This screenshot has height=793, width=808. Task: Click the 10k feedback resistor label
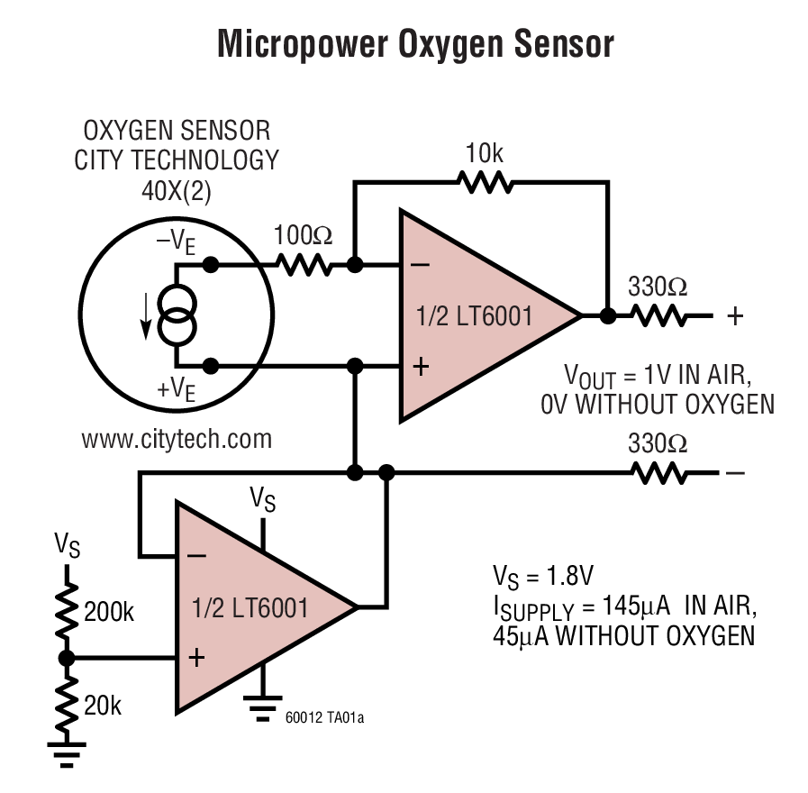click(485, 154)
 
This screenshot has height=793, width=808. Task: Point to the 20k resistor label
click(102, 706)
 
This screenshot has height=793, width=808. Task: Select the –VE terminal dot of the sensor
click(211, 265)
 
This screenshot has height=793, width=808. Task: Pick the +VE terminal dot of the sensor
click(211, 365)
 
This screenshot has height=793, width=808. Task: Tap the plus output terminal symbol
click(736, 316)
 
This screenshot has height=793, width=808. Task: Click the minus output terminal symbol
click(735, 472)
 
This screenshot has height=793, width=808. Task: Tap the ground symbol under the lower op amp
click(263, 708)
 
